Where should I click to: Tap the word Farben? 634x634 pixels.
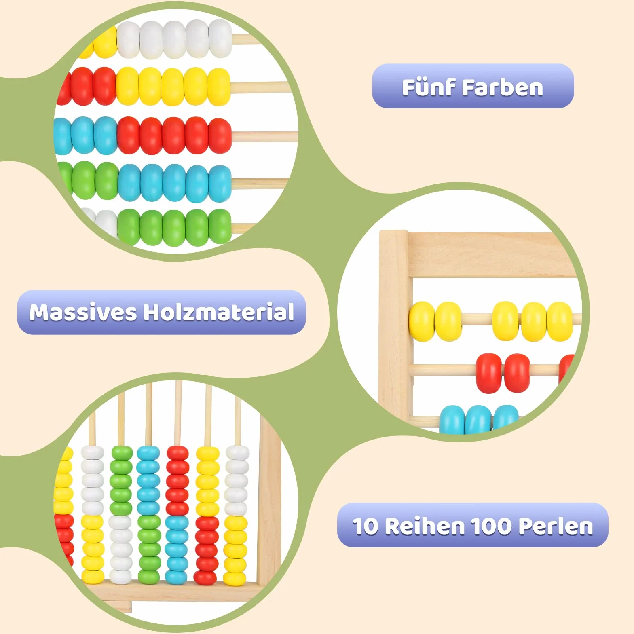503,87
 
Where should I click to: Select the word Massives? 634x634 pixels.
83,312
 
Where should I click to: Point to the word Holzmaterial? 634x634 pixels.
219,312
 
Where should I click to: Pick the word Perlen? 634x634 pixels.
556,526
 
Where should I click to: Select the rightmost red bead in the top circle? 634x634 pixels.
220,135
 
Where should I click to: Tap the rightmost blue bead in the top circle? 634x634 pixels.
220,184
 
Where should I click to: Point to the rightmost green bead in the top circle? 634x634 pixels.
220,227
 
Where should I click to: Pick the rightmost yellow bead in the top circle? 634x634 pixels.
219,87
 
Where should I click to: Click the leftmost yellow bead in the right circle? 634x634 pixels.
422,321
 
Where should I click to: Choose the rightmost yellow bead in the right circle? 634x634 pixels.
560,322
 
